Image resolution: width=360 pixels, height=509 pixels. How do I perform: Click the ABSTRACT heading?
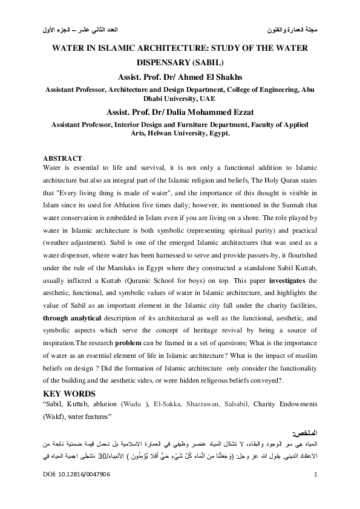[x=64, y=158]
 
